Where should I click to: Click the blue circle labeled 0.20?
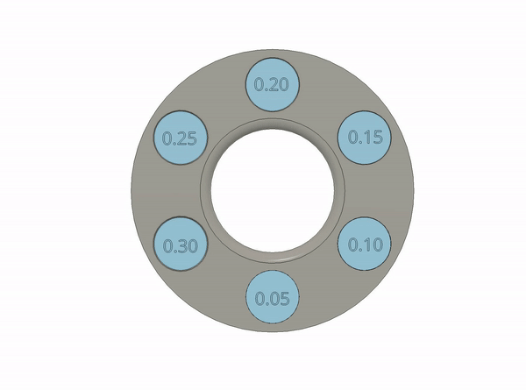pyautogui.click(x=272, y=84)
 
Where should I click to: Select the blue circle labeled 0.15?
pyautogui.click(x=365, y=138)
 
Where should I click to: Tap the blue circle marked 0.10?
pyautogui.click(x=365, y=244)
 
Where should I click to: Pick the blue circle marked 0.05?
pyautogui.click(x=273, y=297)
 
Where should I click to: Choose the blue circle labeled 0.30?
pyautogui.click(x=180, y=244)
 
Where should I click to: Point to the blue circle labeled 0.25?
pyautogui.click(x=180, y=138)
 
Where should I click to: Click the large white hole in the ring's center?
pyautogui.click(x=273, y=190)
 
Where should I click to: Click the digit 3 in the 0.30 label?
pyautogui.click(x=181, y=246)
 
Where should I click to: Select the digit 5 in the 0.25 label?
pyautogui.click(x=191, y=138)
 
